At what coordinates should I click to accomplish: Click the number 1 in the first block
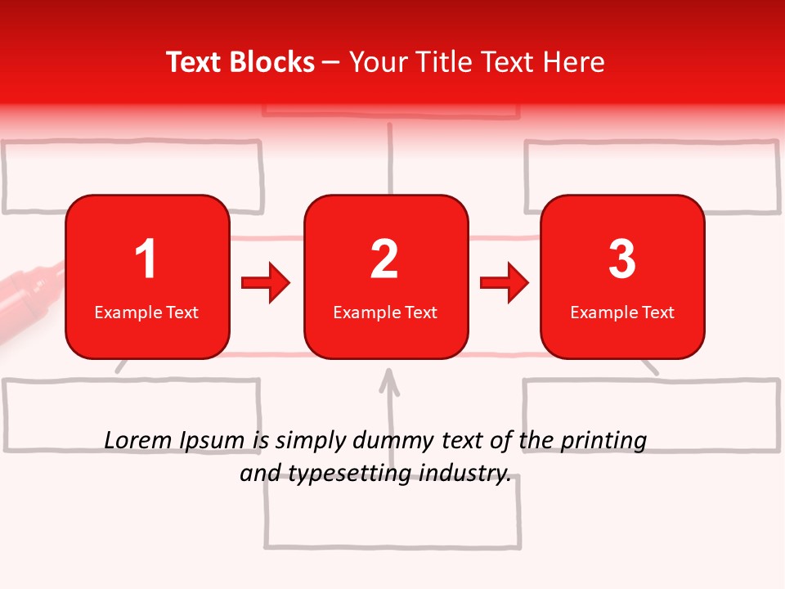pos(146,259)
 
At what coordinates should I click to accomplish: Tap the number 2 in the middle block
pos(384,259)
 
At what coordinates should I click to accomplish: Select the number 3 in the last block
pos(622,259)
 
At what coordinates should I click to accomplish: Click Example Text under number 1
pos(146,312)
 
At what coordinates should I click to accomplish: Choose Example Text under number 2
pos(385,312)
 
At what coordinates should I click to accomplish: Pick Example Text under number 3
pos(622,312)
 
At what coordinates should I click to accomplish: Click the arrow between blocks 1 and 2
pos(266,283)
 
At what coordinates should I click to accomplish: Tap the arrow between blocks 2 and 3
pos(505,283)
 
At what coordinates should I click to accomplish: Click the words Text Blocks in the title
pos(240,62)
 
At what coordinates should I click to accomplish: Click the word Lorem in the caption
pos(137,441)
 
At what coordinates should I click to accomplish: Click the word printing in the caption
pos(603,442)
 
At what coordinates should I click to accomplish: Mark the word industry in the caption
pos(469,474)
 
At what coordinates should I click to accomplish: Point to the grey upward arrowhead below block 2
pos(389,379)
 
